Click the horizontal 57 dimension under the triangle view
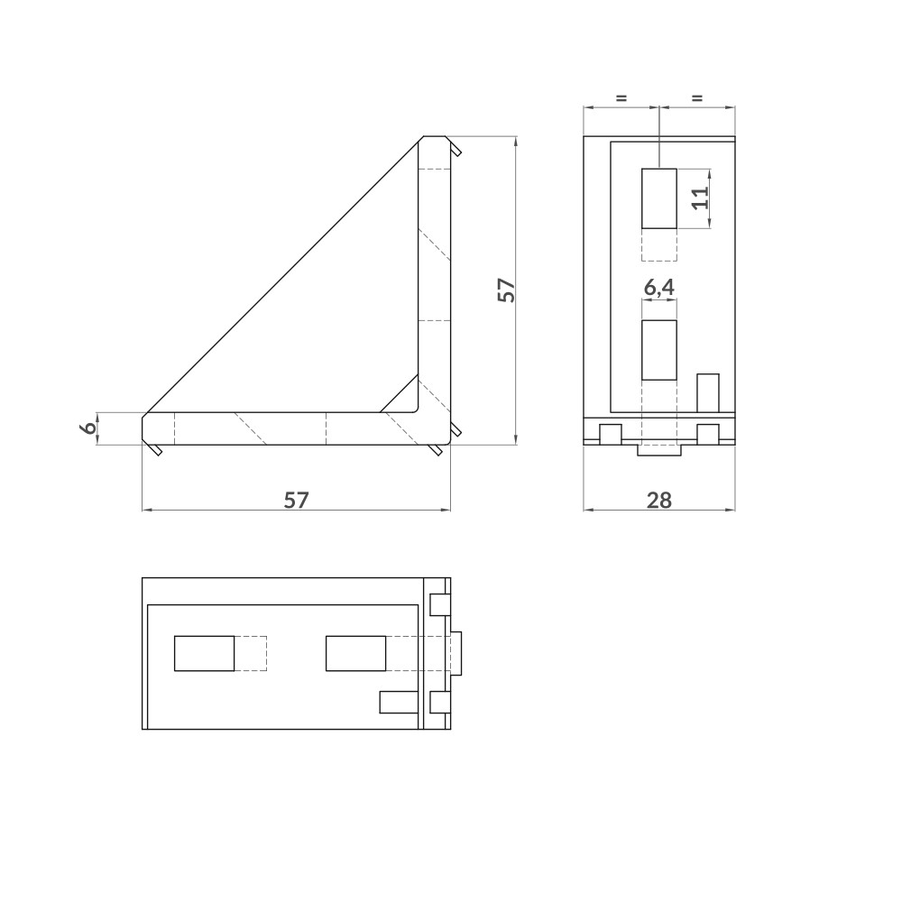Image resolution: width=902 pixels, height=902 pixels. pos(296,500)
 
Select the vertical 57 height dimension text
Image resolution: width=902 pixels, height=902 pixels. pos(506,290)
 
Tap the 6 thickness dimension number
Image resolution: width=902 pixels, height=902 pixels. pos(88,428)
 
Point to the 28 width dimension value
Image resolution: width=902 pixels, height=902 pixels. pos(659,500)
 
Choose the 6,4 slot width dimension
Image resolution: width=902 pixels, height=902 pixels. pos(658,288)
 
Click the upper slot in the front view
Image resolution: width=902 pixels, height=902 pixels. pos(659,198)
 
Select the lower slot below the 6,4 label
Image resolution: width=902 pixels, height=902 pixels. pos(659,350)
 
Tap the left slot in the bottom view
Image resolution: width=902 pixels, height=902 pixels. pos(204,653)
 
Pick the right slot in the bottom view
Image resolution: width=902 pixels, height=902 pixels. pos(355,653)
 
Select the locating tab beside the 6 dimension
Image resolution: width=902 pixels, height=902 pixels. pos(155,448)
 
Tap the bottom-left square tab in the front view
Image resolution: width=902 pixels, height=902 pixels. pos(612,434)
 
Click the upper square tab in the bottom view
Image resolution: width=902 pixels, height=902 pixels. pos(439,603)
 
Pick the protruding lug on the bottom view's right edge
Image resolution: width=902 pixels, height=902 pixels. pos(457,653)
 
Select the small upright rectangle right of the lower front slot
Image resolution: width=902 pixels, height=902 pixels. pos(708,392)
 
